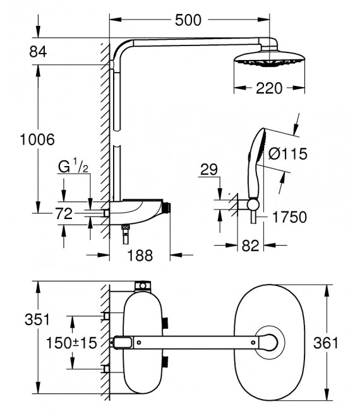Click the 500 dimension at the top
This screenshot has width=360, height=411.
188,20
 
